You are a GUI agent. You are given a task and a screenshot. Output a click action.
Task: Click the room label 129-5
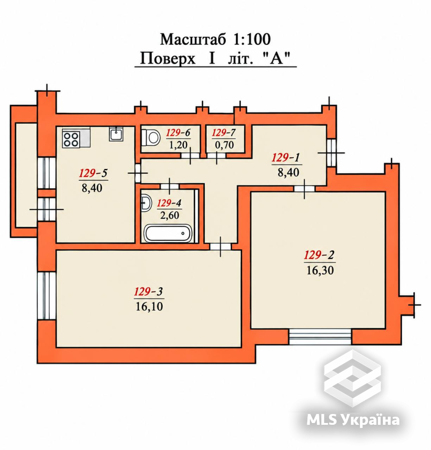[x=93, y=173]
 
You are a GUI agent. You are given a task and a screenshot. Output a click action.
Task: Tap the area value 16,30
[x=320, y=270]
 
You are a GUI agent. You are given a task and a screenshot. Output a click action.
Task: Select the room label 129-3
[x=148, y=292]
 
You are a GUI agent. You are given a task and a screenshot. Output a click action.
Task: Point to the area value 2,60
[x=170, y=215]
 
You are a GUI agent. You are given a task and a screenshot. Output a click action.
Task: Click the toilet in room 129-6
[x=151, y=137]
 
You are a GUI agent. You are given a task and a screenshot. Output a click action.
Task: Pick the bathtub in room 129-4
[x=168, y=233]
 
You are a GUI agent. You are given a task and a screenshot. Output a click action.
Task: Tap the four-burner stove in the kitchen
[x=71, y=139]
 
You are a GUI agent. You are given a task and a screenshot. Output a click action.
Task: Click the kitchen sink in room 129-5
[x=116, y=134]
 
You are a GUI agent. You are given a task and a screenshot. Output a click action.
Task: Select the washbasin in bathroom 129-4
[x=146, y=203]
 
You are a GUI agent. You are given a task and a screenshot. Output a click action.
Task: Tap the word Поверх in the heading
[x=167, y=58]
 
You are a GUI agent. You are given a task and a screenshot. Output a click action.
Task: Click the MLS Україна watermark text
[x=353, y=420]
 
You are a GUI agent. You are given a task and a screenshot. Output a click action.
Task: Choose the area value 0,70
[x=224, y=145]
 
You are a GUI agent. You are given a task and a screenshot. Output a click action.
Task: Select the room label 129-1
[x=286, y=157]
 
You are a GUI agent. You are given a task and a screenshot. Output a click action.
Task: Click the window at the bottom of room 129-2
[x=320, y=337]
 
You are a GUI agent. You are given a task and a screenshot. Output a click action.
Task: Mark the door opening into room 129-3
[x=220, y=247]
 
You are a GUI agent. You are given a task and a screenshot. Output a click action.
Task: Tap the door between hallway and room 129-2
[x=304, y=189]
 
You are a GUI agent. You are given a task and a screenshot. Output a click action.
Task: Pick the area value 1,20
[x=178, y=145]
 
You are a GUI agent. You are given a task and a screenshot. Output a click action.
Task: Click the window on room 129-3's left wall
[x=46, y=296]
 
